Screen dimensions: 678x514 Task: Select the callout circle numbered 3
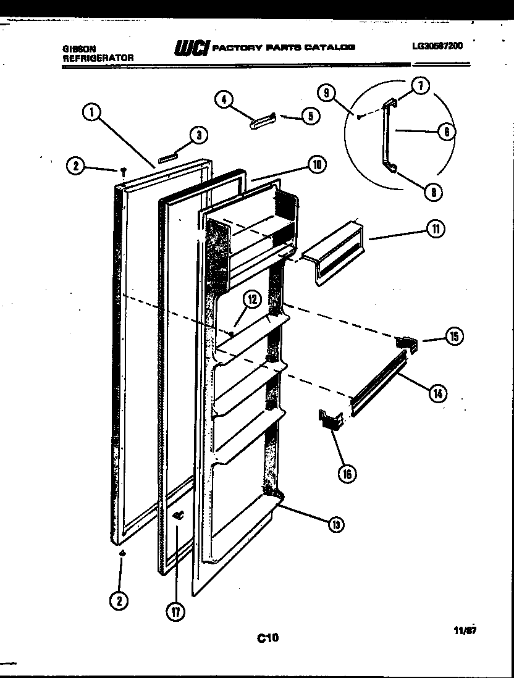198,136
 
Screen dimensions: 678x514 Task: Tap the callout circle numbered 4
224,99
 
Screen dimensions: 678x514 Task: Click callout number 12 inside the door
251,299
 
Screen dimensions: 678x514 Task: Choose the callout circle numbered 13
335,524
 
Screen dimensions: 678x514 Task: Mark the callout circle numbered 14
438,392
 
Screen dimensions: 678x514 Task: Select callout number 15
454,337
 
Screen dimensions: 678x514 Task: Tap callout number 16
348,474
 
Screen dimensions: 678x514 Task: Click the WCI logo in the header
193,48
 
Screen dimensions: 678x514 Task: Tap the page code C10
268,638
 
